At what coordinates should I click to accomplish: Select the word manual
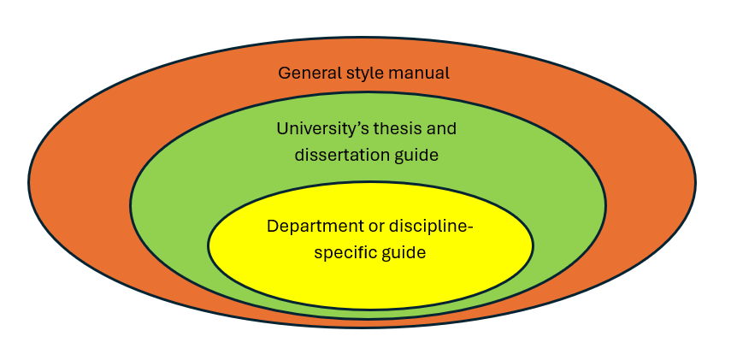(418, 73)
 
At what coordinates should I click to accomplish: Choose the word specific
(343, 253)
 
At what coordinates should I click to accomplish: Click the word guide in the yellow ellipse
(403, 254)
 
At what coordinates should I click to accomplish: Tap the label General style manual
(363, 73)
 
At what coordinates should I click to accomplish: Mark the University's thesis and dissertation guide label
(367, 142)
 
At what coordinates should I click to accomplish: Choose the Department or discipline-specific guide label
(369, 240)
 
